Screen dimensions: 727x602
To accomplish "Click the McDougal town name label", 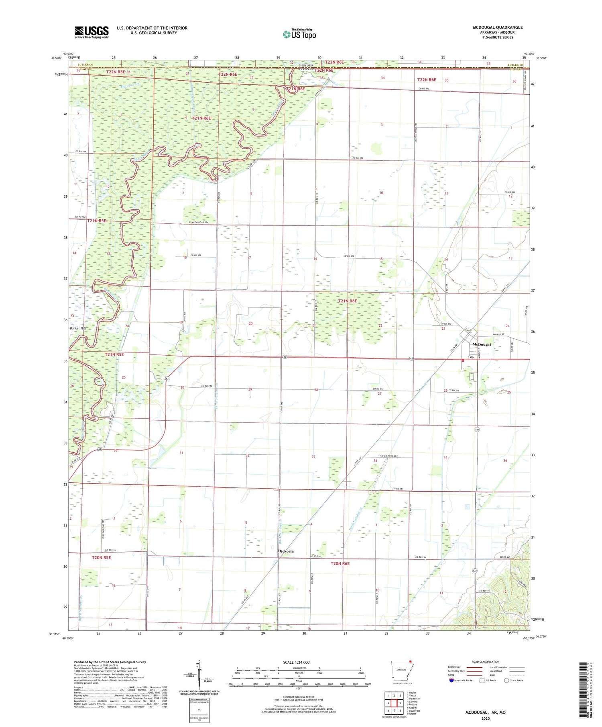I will (x=482, y=344).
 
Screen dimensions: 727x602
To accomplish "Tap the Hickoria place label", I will (x=286, y=551).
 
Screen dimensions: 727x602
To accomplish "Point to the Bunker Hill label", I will (x=77, y=328).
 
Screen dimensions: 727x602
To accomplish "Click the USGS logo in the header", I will (x=92, y=32).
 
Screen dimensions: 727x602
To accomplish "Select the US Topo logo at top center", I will (x=299, y=34).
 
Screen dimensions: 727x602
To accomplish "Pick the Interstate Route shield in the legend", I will (x=451, y=680).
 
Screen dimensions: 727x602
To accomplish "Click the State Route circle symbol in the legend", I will (x=506, y=680).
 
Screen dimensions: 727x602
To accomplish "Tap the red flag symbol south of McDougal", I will (x=463, y=360).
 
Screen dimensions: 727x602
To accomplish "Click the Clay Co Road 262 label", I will (x=388, y=456).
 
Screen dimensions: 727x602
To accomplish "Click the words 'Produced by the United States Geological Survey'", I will (x=110, y=662).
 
